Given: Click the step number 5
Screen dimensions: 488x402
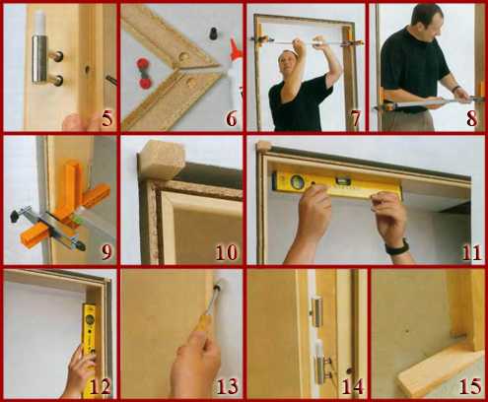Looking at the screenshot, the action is coord(106,119).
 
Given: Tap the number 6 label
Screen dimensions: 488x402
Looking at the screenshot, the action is coord(232,119).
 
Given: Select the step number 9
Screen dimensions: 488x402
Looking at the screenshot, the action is coord(105,252).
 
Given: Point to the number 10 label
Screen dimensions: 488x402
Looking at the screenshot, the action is coord(227,252).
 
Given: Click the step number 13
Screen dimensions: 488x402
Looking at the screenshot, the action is coord(227,386).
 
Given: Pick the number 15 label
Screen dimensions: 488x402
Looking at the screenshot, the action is coord(470,386).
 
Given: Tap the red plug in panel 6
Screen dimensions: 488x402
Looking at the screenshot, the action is coord(144,73).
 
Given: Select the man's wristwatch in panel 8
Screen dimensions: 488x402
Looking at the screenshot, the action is coord(455,89).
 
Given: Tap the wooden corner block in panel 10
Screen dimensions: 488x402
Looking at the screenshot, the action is coord(162,160).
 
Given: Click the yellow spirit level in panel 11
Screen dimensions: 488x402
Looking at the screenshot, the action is coord(337,185).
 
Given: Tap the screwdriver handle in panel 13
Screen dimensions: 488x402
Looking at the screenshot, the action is coord(204,320).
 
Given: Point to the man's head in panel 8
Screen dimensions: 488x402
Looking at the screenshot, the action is coord(427,23).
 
